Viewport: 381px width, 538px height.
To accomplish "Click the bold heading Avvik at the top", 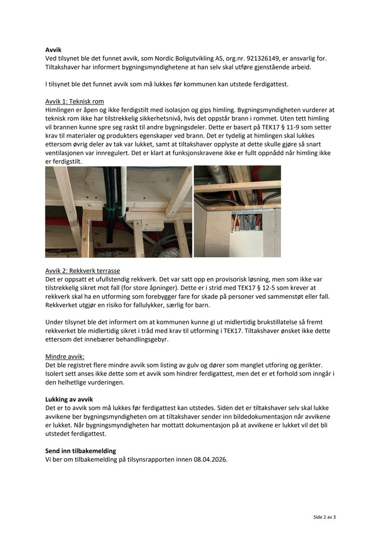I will (x=53, y=50).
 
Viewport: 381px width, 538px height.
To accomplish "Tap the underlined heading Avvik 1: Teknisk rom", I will (x=74, y=102).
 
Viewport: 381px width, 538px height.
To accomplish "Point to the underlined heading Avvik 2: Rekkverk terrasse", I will (x=82, y=270).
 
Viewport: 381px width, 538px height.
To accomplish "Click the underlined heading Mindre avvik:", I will (x=65, y=357).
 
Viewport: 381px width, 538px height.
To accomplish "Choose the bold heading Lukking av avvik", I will (x=69, y=400).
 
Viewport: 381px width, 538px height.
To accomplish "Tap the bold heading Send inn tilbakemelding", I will (x=80, y=451).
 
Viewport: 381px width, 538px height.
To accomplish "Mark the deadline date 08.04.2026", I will (x=210, y=460).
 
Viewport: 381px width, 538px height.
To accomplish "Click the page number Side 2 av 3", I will (x=324, y=517).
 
